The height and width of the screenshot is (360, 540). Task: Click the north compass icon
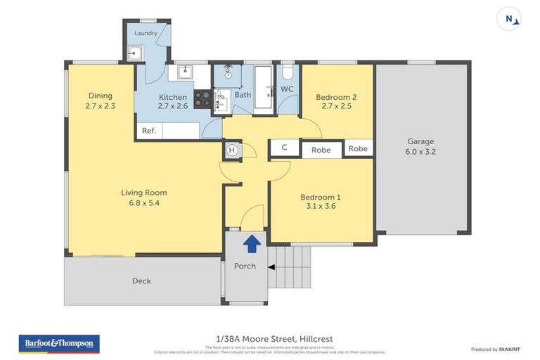point(509,19)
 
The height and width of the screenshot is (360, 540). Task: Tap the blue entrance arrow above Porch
point(252,243)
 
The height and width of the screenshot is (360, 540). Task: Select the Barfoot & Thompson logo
point(59,343)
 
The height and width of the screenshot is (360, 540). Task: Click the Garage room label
point(420,141)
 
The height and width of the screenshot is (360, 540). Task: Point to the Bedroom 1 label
point(320,197)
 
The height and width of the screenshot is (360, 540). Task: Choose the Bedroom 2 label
point(335,97)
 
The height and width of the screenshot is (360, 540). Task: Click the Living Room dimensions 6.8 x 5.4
point(143,202)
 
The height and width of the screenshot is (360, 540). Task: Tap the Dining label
point(101,96)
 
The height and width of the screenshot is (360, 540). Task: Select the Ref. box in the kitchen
point(148,131)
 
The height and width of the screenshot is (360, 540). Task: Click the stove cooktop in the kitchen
point(202,99)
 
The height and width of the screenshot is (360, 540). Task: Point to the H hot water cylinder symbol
point(233,150)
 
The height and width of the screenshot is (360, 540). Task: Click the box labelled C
point(285,148)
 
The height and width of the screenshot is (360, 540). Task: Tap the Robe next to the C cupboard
point(321,150)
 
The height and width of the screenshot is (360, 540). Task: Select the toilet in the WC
point(287,73)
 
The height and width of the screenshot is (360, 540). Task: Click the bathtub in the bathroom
point(263,87)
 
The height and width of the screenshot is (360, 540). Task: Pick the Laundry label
point(146,33)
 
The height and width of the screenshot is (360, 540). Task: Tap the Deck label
point(141,281)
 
